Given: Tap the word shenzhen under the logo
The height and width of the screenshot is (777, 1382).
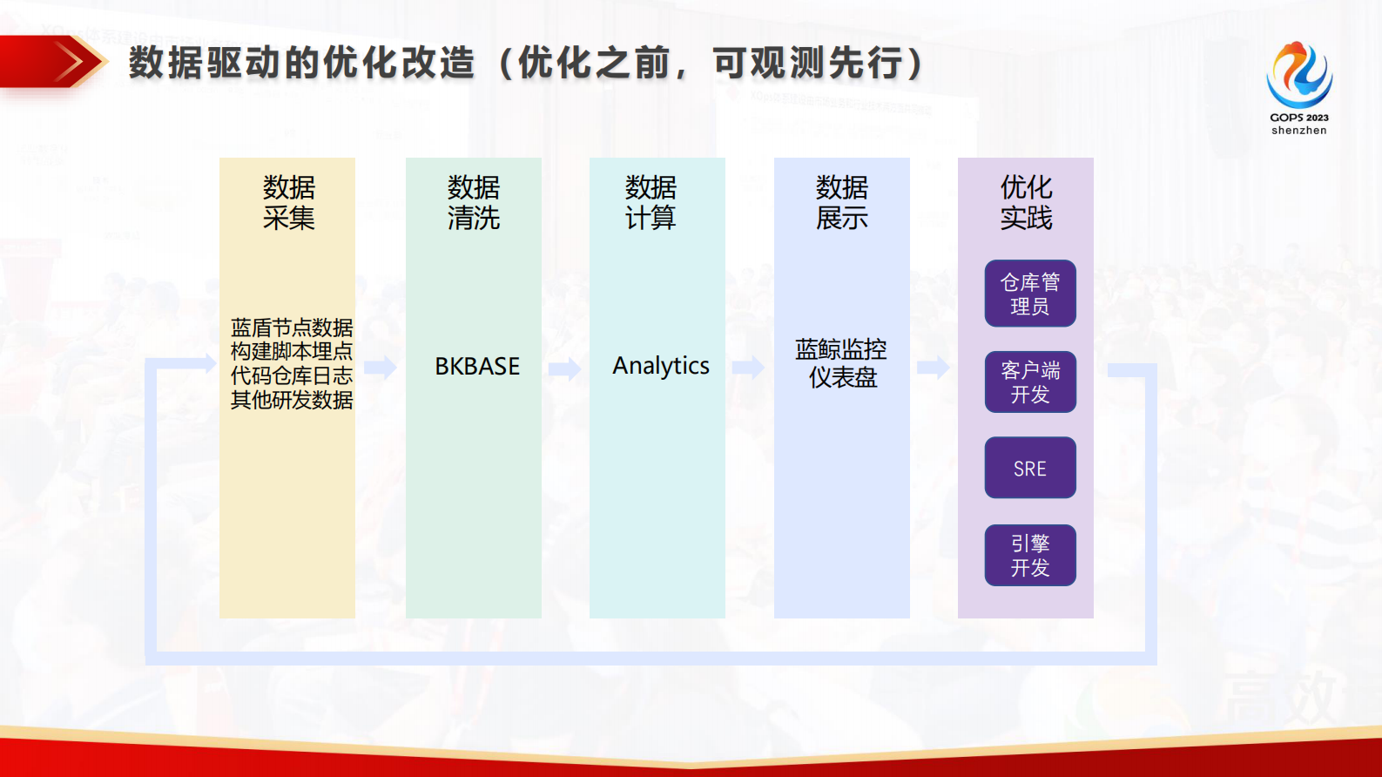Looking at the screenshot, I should click(x=1298, y=131).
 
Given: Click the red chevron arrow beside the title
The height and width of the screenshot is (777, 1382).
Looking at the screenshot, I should click(x=71, y=62).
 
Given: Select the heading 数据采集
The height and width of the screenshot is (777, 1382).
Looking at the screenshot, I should click(x=288, y=202).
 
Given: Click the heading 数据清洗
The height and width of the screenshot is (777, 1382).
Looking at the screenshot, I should click(x=474, y=202).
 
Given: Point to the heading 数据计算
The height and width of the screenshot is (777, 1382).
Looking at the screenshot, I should click(x=651, y=202).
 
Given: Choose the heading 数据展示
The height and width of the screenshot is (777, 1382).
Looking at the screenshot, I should click(x=841, y=202).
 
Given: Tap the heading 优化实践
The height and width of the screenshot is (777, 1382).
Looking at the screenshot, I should click(x=1026, y=202).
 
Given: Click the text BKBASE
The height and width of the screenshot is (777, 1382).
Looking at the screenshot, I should click(x=477, y=367).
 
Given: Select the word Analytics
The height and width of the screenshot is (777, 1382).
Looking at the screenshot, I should click(x=660, y=366).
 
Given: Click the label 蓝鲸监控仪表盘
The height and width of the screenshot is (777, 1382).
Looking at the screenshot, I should click(x=841, y=363).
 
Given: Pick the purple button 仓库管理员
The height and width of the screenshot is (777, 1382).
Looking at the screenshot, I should click(x=1030, y=294).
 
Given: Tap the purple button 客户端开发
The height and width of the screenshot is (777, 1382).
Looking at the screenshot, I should click(x=1030, y=382).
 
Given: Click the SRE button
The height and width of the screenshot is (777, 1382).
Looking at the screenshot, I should click(x=1030, y=469).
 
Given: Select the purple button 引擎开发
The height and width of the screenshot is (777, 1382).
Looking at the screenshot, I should click(x=1030, y=556).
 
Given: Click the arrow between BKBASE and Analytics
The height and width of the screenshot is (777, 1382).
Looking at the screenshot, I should click(x=565, y=368).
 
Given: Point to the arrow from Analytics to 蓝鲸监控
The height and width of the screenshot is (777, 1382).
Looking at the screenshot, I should click(x=748, y=368).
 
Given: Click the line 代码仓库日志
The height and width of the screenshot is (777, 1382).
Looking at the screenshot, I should click(x=291, y=376).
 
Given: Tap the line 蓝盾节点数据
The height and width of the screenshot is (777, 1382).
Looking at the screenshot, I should click(x=291, y=328).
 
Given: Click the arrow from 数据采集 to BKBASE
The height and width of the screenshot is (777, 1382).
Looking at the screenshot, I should click(x=380, y=367).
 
